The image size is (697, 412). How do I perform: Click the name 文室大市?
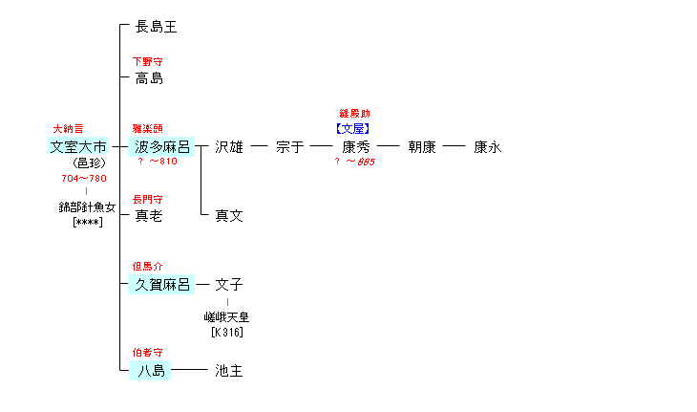point(78,147)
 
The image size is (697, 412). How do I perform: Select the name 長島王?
point(157,27)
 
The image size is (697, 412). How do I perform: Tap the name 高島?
point(149,78)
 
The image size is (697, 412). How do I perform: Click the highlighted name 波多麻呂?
point(163,147)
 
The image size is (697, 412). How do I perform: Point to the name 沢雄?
point(229,147)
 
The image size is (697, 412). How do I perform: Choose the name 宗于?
point(289,147)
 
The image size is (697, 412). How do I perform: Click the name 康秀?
point(355,147)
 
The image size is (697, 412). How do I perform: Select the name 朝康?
point(422,147)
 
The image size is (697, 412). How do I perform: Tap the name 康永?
point(488,147)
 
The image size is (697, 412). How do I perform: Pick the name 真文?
point(229,216)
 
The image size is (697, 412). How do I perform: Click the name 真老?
point(149,216)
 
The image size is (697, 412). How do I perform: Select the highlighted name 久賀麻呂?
point(163,285)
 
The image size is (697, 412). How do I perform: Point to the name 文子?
point(229,285)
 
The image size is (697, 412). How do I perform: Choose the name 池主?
point(229,371)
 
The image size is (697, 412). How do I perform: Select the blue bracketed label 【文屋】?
point(353,128)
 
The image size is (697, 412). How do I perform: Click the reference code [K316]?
point(227,333)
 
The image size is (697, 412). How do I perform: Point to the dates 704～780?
point(83,178)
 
